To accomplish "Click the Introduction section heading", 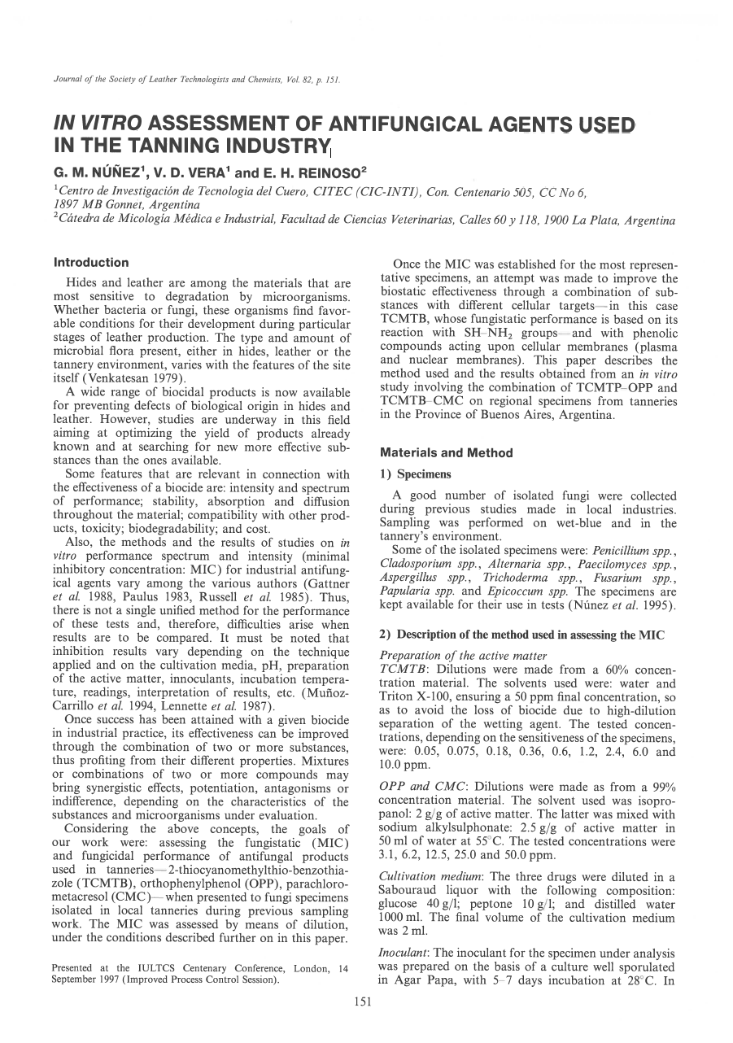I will [91, 263].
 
